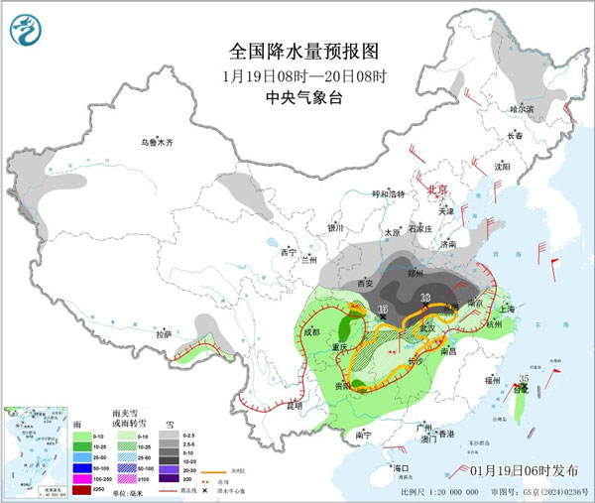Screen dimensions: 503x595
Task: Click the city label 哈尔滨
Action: pyautogui.click(x=522, y=108)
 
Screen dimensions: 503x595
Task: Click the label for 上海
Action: pyautogui.click(x=513, y=308)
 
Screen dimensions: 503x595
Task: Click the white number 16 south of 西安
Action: pyautogui.click(x=383, y=311)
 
